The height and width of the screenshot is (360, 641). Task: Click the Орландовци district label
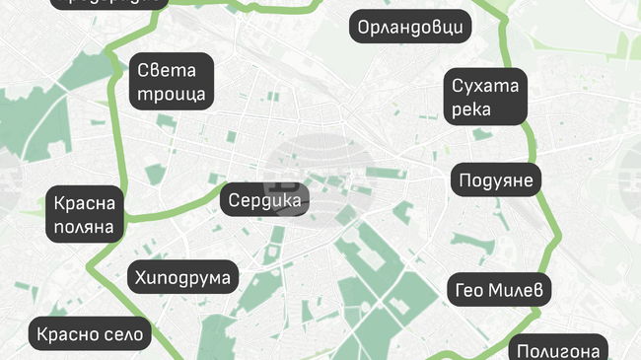(410, 27)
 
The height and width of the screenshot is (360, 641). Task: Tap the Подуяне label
(496, 180)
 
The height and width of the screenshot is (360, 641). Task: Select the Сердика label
(264, 199)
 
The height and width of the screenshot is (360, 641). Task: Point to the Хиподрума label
(183, 278)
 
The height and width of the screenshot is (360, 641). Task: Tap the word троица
(172, 95)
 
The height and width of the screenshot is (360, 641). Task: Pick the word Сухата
(485, 86)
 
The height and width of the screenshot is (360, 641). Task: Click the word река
(471, 109)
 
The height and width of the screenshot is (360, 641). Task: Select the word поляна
(86, 228)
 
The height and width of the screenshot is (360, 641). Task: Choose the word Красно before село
(65, 334)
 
